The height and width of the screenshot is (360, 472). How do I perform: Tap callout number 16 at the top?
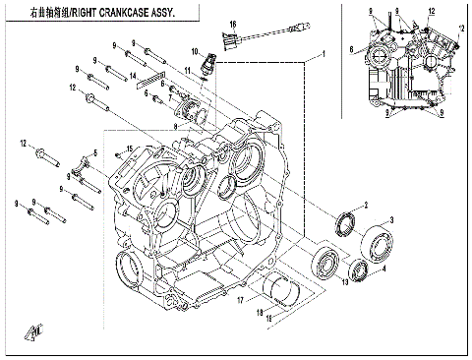pyautogui.click(x=233, y=23)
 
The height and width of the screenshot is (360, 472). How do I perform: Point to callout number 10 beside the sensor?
pyautogui.click(x=196, y=51)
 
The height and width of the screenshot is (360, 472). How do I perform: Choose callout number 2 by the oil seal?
pyautogui.click(x=365, y=204)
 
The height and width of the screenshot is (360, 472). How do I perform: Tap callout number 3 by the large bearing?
pyautogui.click(x=392, y=219)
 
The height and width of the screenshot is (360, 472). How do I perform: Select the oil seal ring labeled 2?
pyautogui.click(x=346, y=222)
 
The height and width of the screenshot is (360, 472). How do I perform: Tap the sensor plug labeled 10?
pyautogui.click(x=208, y=67)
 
